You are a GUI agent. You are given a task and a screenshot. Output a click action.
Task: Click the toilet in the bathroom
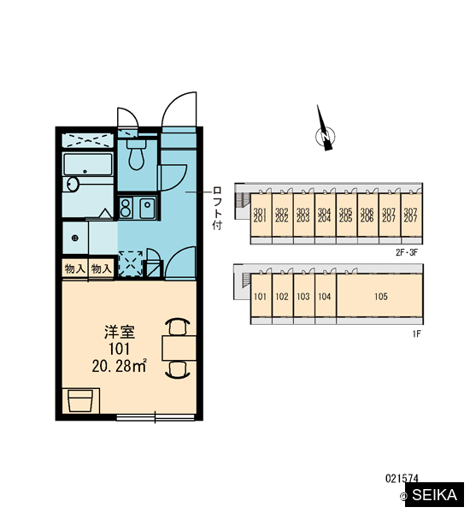136,155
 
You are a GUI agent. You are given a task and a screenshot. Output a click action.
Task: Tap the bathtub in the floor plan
88,164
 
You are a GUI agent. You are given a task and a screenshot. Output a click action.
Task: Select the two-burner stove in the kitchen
126,208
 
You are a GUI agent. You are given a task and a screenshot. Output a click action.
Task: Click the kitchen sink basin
148,208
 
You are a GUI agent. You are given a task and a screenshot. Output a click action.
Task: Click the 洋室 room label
120,332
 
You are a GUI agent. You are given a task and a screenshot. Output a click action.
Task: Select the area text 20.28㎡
119,366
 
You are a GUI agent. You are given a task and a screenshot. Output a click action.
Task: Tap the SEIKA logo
434,494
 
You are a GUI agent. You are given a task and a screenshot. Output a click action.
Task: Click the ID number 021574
402,479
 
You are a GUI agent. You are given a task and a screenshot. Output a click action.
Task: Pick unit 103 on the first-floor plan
303,297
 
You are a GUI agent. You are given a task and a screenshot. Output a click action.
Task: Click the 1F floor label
416,333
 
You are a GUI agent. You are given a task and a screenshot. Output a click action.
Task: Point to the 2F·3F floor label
407,252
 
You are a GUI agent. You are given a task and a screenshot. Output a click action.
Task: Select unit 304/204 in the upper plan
325,215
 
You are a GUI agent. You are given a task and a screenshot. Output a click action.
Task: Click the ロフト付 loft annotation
217,208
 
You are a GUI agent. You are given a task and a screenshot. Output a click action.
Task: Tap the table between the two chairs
179,348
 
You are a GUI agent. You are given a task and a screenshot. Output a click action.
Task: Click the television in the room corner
80,401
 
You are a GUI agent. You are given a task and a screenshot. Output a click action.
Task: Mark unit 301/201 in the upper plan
261,215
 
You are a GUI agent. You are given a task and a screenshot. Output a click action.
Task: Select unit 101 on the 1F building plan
261,297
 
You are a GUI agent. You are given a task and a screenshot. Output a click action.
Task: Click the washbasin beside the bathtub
73,184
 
